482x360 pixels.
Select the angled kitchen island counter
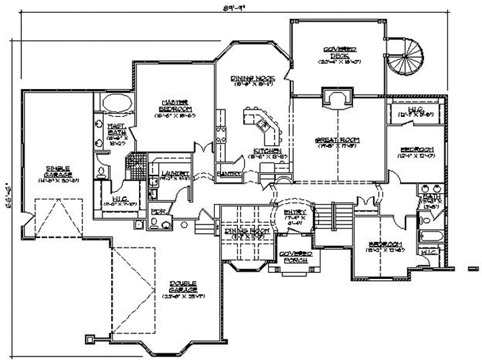pyautogui.click(x=263, y=126)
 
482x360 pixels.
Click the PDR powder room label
pyautogui.click(x=158, y=212)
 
